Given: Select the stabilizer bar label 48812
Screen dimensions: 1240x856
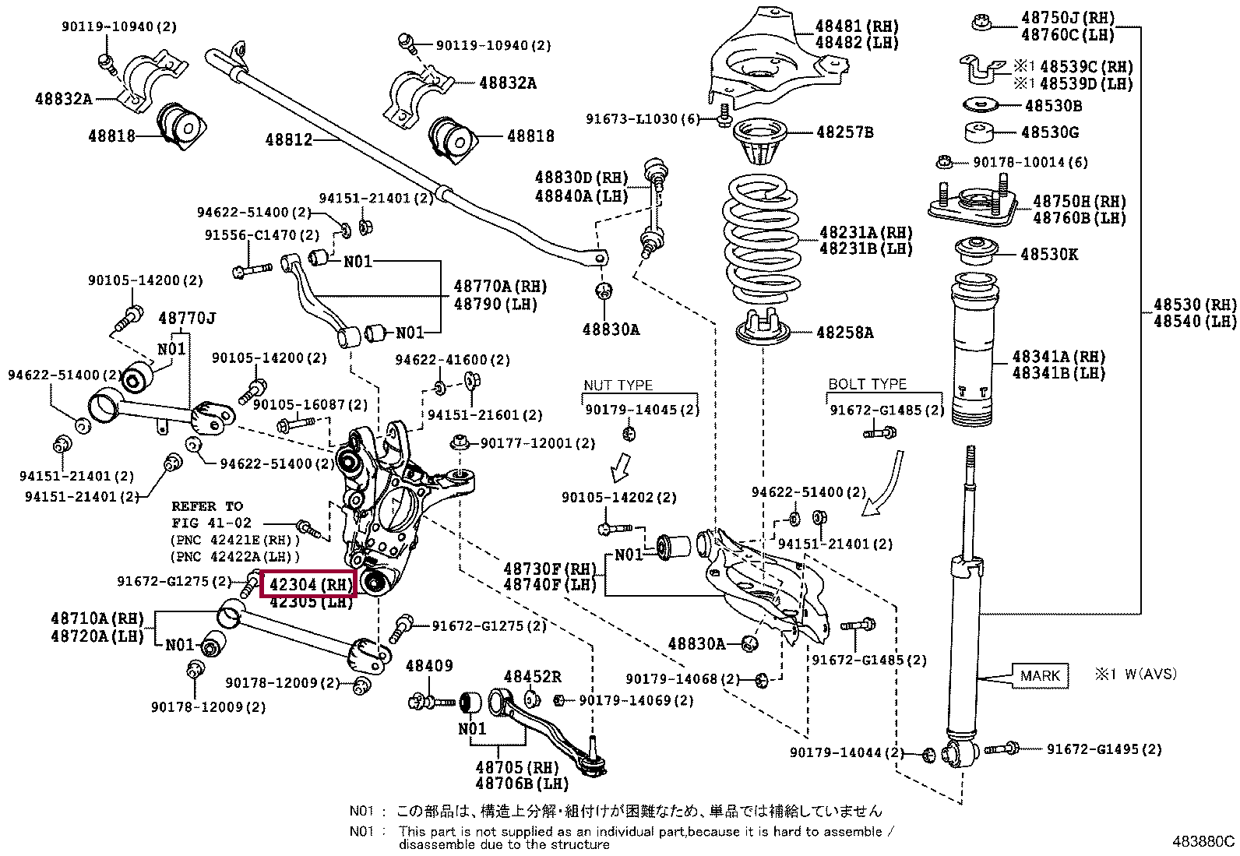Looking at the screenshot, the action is pyautogui.click(x=288, y=139).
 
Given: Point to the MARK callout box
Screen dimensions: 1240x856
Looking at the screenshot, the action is pyautogui.click(x=1040, y=675).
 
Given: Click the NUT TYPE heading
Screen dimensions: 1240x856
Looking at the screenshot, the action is pyautogui.click(x=618, y=385).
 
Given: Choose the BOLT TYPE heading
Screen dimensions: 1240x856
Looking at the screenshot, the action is pyautogui.click(x=868, y=384).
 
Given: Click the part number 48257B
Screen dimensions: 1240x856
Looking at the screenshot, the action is pyautogui.click(x=845, y=132).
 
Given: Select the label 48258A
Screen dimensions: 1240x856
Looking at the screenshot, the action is pyautogui.click(x=845, y=333).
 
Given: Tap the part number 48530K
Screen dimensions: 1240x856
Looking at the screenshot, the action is pyautogui.click(x=1050, y=254).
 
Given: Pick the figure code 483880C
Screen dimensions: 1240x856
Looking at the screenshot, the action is pyautogui.click(x=1203, y=841).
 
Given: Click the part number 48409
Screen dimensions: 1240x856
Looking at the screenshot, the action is pyautogui.click(x=429, y=665).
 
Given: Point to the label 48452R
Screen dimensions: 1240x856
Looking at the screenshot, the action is pyautogui.click(x=532, y=677).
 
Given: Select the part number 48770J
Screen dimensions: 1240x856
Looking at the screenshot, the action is pyautogui.click(x=187, y=319).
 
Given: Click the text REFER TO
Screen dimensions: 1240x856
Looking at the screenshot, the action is pyautogui.click(x=207, y=506).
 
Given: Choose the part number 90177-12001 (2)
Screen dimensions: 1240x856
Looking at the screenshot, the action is pyautogui.click(x=537, y=443).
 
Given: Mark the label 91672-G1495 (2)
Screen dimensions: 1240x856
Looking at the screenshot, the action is pyautogui.click(x=1104, y=749).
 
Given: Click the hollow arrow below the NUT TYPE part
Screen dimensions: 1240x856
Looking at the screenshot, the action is pyautogui.click(x=620, y=468).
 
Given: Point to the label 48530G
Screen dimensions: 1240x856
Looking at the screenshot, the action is pyautogui.click(x=1050, y=132).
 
